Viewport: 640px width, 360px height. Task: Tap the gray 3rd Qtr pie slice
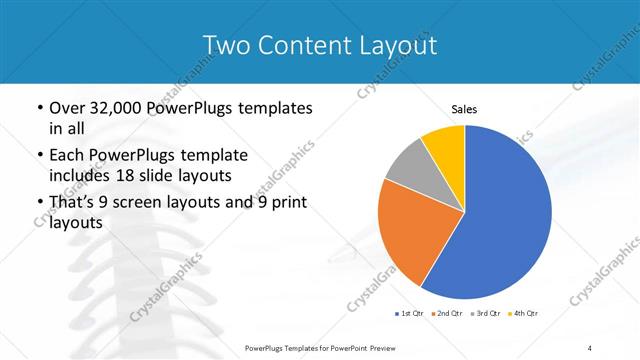pos(410,165)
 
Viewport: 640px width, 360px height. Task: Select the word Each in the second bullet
pos(66,155)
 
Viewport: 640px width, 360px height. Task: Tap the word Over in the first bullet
pos(67,108)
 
